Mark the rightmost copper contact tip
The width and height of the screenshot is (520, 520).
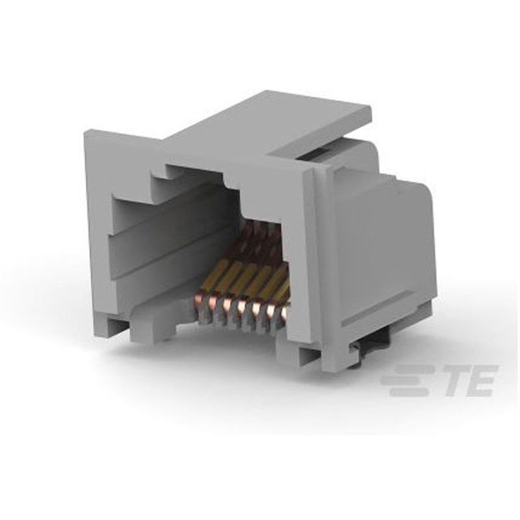[x=283, y=314]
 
